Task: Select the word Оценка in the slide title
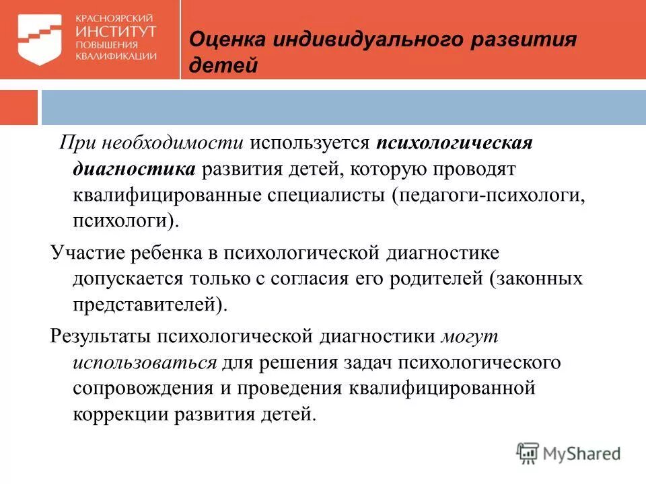click(227, 39)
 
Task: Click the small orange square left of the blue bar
click(19, 108)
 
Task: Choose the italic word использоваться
click(145, 362)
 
